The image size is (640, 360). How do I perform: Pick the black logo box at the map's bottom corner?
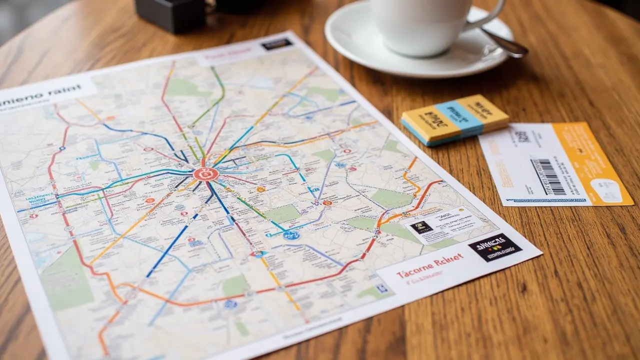click(x=494, y=247)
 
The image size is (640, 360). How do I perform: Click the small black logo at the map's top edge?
click(x=276, y=43)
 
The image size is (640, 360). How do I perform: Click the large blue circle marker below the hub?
click(x=291, y=234)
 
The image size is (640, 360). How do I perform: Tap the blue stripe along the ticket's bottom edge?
click(x=545, y=200)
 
